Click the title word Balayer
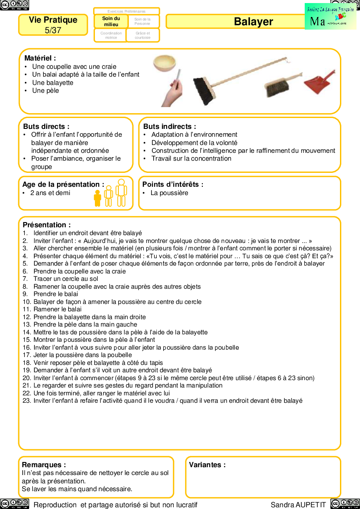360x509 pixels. pyautogui.click(x=253, y=22)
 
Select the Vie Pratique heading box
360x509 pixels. pyautogui.click(x=53, y=25)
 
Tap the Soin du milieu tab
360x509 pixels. pyautogui.click(x=111, y=21)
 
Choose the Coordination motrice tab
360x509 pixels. pyautogui.click(x=111, y=35)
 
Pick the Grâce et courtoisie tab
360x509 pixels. pyautogui.click(x=143, y=35)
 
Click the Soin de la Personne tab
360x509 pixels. pyautogui.click(x=143, y=21)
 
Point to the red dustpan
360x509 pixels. pyautogui.click(x=320, y=81)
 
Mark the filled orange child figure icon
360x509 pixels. pyautogui.click(x=98, y=198)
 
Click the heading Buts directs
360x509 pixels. pyautogui.click(x=46, y=126)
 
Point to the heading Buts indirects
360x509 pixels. pyautogui.click(x=169, y=126)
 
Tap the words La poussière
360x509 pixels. pyautogui.click(x=169, y=193)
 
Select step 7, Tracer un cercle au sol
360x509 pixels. pyautogui.click(x=66, y=279)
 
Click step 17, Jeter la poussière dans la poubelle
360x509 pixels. pyautogui.click(x=82, y=355)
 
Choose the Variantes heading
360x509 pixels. pyautogui.click(x=207, y=465)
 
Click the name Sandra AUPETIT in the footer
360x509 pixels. pyautogui.click(x=298, y=505)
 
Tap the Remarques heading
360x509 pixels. pyautogui.click(x=44, y=465)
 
